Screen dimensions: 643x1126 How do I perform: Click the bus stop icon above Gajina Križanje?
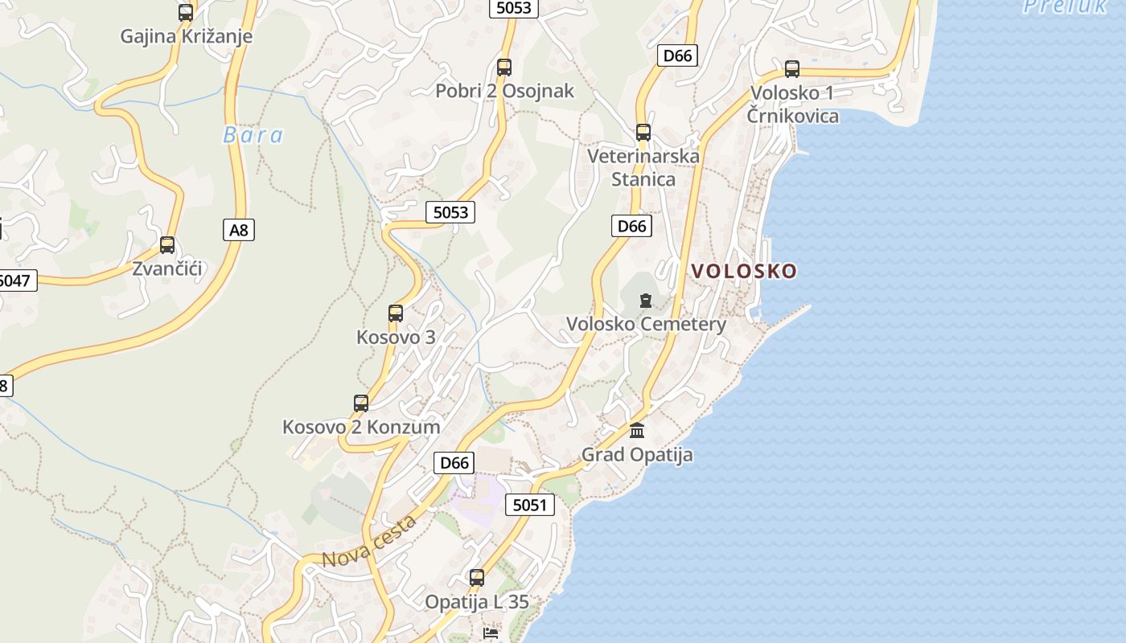point(186,13)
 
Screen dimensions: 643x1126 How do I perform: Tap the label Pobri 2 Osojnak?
point(505,91)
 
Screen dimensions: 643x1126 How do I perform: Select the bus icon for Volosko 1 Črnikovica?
point(792,69)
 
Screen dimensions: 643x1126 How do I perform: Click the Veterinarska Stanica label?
point(643,167)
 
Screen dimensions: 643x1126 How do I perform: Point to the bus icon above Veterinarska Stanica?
point(643,133)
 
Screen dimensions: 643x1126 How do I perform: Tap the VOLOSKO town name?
point(744,271)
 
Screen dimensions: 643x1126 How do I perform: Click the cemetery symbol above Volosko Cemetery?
point(645,301)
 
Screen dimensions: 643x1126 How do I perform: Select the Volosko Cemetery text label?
point(646,324)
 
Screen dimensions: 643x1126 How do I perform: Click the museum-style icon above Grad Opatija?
point(637,431)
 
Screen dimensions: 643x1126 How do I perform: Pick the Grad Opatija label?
point(637,455)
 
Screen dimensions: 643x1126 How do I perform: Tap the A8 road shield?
point(239,231)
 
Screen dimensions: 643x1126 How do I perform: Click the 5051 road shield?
point(530,506)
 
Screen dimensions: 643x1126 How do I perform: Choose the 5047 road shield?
point(16,281)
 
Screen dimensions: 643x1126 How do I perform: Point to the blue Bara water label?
point(253,135)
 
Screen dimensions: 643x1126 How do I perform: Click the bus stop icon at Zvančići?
point(167,245)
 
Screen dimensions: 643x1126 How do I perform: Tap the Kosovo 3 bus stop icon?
point(396,313)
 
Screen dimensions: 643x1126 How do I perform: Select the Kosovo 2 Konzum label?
point(361,427)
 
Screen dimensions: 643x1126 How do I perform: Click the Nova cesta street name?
point(370,541)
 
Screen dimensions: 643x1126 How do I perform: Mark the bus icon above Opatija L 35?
point(477,578)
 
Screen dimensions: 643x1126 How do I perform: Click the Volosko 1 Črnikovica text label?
point(794,104)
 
